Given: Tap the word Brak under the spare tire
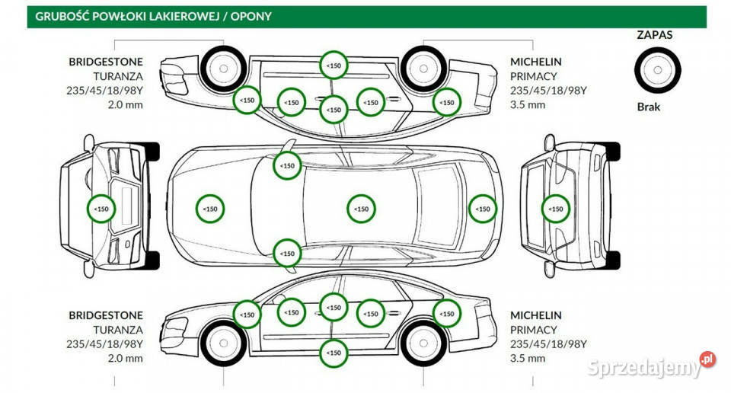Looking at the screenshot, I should point(649,107).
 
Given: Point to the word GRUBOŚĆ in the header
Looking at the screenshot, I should point(63,15).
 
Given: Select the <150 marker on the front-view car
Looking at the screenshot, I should point(101,209).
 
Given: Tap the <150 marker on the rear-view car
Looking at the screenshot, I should point(556,209).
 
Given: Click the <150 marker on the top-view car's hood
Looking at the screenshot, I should point(210,209).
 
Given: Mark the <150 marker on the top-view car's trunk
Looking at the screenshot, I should point(481,209).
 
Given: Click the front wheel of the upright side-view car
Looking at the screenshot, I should point(223,344).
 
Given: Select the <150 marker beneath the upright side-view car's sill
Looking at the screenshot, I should point(334,353).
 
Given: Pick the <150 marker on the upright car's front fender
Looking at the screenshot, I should point(247,314).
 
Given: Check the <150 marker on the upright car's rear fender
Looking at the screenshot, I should point(447,312).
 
